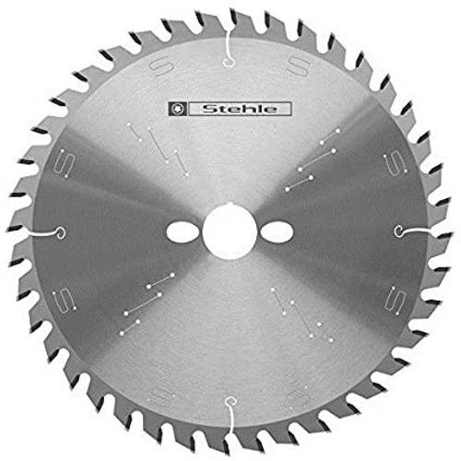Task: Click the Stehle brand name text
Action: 240,109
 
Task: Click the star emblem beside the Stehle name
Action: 178,109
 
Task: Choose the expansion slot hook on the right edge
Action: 412,231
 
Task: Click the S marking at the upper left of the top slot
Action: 161,67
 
